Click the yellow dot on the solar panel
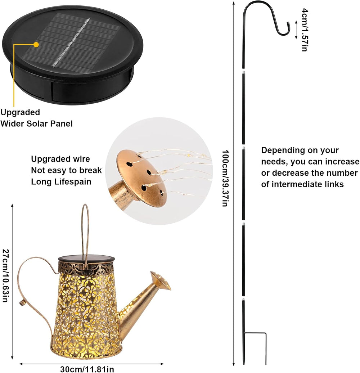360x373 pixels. click(x=36, y=44)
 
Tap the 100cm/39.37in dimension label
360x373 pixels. click(x=225, y=178)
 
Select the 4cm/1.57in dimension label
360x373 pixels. click(x=305, y=30)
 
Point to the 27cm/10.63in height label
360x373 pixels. click(x=5, y=275)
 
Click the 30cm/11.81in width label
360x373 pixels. click(x=87, y=369)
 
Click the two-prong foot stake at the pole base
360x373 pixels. click(x=255, y=348)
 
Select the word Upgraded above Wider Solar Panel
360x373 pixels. click(x=20, y=113)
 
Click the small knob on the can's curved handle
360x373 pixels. click(x=22, y=303)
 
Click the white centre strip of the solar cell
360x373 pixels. click(x=71, y=42)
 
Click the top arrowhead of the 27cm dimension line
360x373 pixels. click(x=12, y=206)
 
